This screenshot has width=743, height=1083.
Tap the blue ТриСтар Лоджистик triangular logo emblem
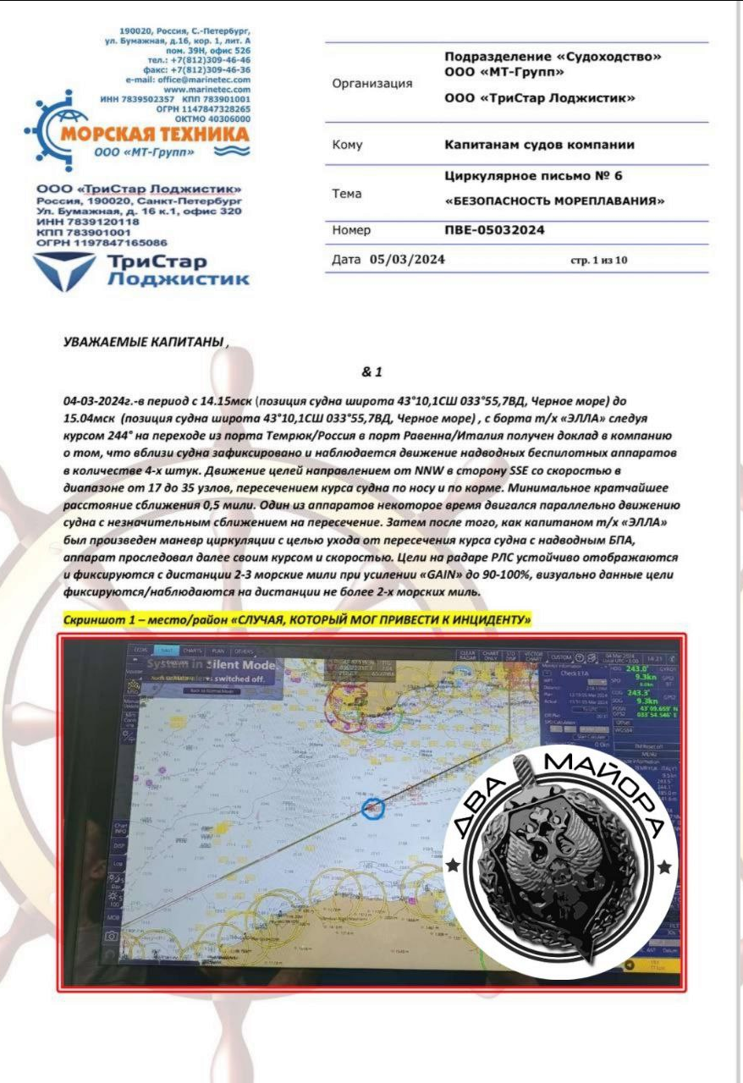(64, 270)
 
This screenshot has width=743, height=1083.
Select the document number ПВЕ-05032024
(495, 229)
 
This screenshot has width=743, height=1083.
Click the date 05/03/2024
(408, 259)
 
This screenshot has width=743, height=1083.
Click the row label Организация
(373, 84)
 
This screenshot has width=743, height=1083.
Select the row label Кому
(348, 145)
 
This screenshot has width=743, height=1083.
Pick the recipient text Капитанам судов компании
(539, 145)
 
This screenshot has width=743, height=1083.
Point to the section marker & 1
(371, 371)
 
